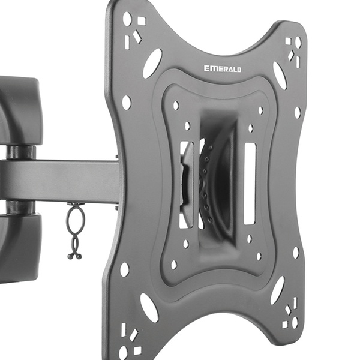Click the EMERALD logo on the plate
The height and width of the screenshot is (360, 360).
pyautogui.click(x=223, y=68)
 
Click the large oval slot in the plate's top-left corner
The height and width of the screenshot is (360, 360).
pyautogui.click(x=152, y=64)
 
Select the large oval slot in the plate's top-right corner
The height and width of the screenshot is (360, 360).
pyautogui.click(x=280, y=76)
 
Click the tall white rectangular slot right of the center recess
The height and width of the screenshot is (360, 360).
pyautogui.click(x=250, y=184)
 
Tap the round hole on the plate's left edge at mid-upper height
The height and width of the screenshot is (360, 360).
pyautogui.click(x=127, y=103)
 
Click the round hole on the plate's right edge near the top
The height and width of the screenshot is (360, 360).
pyautogui.click(x=298, y=113)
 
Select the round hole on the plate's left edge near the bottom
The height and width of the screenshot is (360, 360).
pyautogui.click(x=124, y=269)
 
